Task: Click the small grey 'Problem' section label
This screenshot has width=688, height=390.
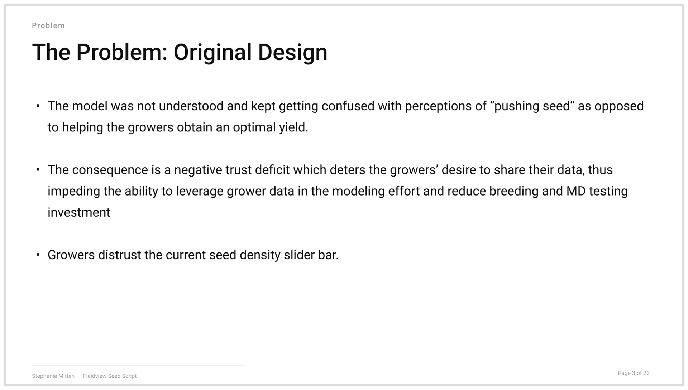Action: point(48,25)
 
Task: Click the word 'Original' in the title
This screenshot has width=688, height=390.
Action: point(212,52)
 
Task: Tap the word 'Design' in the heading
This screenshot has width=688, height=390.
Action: point(292,52)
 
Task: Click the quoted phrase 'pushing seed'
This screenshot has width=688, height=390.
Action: point(532,106)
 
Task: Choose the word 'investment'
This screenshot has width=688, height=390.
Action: point(79,212)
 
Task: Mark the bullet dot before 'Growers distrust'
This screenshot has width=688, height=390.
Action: point(38,255)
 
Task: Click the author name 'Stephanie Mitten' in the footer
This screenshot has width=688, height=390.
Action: point(53,376)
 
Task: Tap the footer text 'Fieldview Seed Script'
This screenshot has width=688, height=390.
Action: point(110,376)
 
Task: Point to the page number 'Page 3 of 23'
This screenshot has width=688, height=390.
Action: point(634,373)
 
